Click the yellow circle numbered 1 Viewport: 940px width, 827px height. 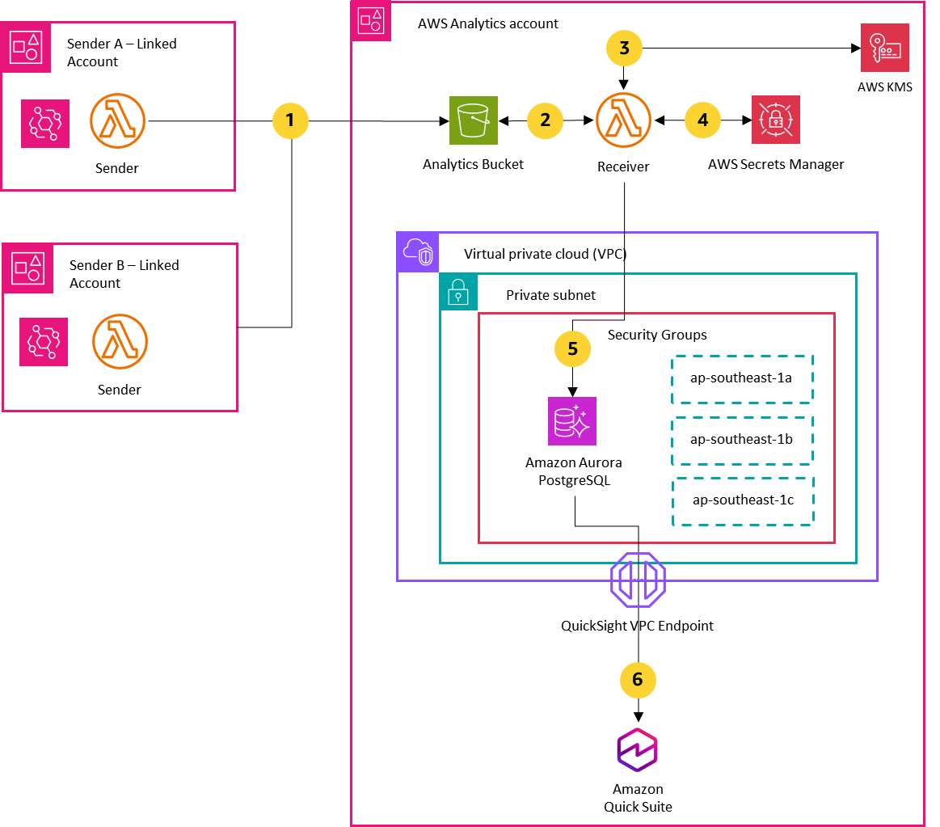pyautogui.click(x=290, y=120)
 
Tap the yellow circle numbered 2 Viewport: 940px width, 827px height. pyautogui.click(x=545, y=120)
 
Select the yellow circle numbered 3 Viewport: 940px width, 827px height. pyautogui.click(x=624, y=49)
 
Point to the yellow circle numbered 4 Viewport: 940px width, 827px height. pyautogui.click(x=702, y=120)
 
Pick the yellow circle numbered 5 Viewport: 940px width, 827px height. pyautogui.click(x=572, y=349)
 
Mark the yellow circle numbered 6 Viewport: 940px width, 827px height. pyautogui.click(x=638, y=680)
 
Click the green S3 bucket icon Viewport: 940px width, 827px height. pyautogui.click(x=474, y=120)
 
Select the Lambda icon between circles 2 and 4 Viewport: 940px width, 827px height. pyautogui.click(x=623, y=120)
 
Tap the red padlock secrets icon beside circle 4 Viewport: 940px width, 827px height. pyautogui.click(x=776, y=120)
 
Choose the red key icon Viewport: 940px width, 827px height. pyautogui.click(x=884, y=48)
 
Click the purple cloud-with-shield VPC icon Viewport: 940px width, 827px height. pyautogui.click(x=418, y=252)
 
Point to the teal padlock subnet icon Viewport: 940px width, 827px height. pyautogui.click(x=458, y=292)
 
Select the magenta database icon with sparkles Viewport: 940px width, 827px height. pyautogui.click(x=572, y=421)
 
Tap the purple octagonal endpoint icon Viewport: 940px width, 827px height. pyautogui.click(x=638, y=580)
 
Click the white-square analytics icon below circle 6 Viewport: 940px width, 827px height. pyautogui.click(x=638, y=750)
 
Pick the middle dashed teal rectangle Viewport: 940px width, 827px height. pyautogui.click(x=742, y=441)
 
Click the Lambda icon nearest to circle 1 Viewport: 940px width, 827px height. pyautogui.click(x=118, y=120)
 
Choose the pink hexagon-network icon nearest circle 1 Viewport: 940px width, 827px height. pyautogui.click(x=45, y=124)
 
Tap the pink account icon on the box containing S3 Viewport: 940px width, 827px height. pyautogui.click(x=371, y=21)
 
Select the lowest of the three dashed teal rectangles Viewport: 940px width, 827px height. pyautogui.click(x=742, y=501)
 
